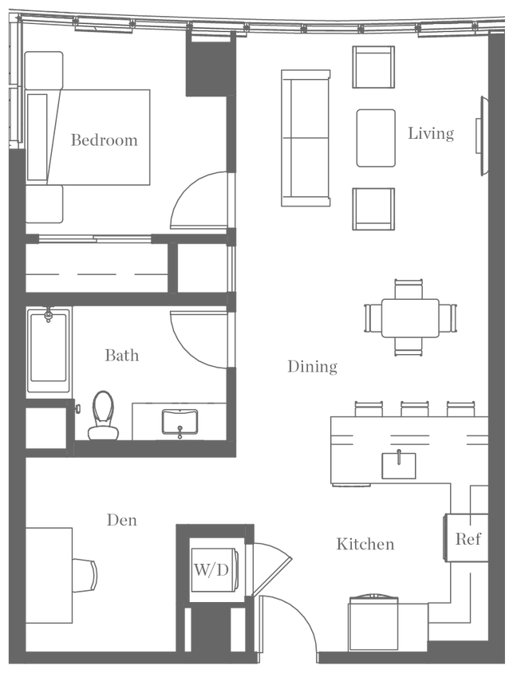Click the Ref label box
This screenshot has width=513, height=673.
(468, 538)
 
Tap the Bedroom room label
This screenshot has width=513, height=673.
(105, 140)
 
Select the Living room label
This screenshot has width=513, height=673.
(431, 134)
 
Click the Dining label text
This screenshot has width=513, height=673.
(313, 367)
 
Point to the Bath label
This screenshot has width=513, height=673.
(122, 355)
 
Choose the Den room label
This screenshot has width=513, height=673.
(122, 520)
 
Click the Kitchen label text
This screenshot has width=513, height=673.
(365, 545)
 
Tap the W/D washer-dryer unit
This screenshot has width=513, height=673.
(211, 568)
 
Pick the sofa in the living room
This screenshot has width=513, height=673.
(304, 137)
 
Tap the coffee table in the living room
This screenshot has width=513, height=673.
(376, 137)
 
